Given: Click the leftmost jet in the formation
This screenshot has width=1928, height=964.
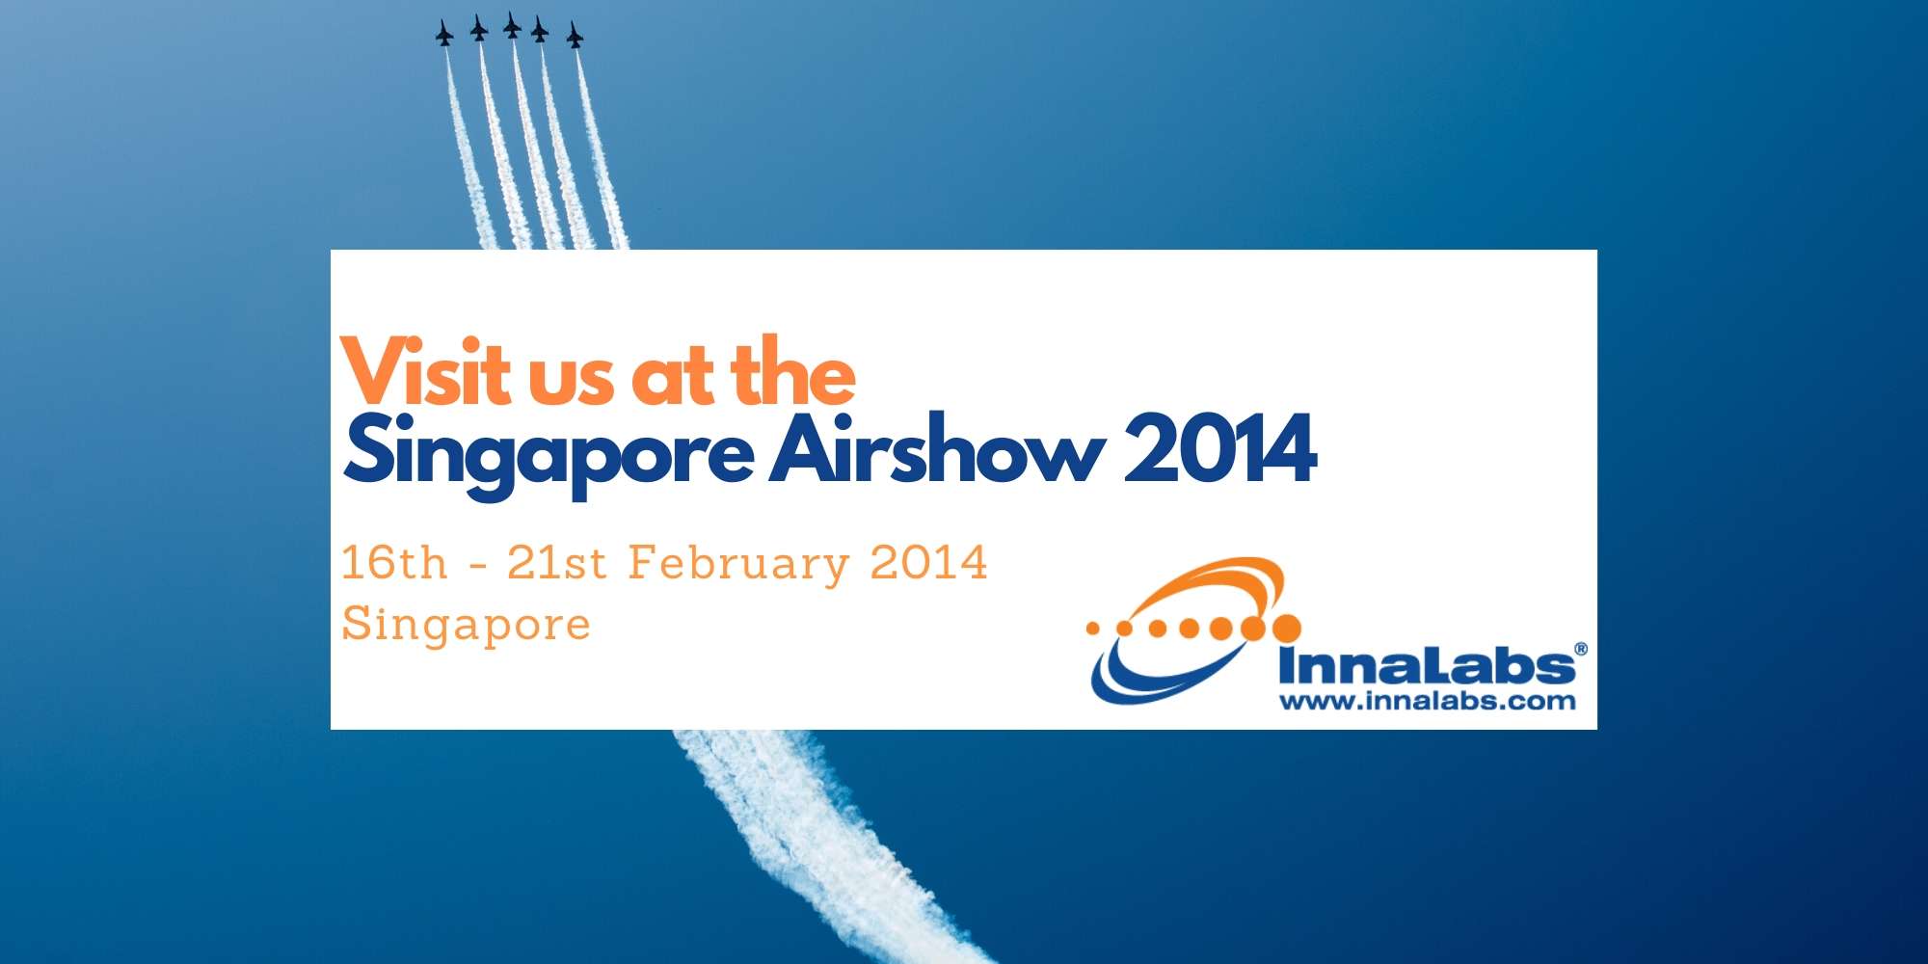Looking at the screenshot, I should tap(444, 36).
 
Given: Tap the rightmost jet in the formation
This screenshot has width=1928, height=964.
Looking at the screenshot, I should tap(575, 36).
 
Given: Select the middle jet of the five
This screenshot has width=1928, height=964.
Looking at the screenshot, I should tap(512, 26).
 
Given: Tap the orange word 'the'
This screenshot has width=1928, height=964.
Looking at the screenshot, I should tap(792, 371).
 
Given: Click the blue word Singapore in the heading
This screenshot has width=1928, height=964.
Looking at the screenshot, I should tap(548, 453).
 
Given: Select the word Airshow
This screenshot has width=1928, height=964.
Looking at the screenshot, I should tap(935, 448).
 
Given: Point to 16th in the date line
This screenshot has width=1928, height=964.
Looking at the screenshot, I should tap(394, 563).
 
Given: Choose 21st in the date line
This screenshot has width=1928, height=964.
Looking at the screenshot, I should tap(556, 563).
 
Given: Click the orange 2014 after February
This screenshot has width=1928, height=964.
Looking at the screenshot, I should tap(928, 563).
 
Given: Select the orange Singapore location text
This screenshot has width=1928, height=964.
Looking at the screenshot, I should tap(466, 625).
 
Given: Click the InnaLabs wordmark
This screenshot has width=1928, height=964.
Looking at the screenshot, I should tap(1425, 666).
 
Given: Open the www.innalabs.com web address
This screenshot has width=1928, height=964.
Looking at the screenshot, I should tap(1427, 701).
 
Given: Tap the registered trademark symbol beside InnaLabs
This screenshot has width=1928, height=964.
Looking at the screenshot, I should tap(1580, 650).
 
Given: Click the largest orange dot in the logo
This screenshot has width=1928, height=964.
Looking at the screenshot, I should tap(1285, 629).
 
